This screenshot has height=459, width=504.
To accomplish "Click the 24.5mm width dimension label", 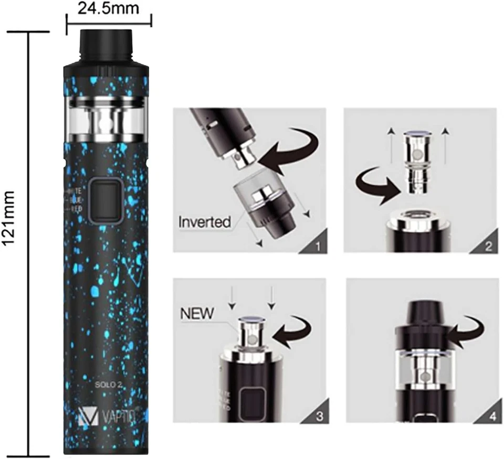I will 108,8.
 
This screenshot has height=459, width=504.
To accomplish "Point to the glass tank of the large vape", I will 106,119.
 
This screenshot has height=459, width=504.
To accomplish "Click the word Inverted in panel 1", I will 204,221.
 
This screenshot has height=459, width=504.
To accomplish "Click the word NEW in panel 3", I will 197,314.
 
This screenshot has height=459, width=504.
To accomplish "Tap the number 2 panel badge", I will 488,245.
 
